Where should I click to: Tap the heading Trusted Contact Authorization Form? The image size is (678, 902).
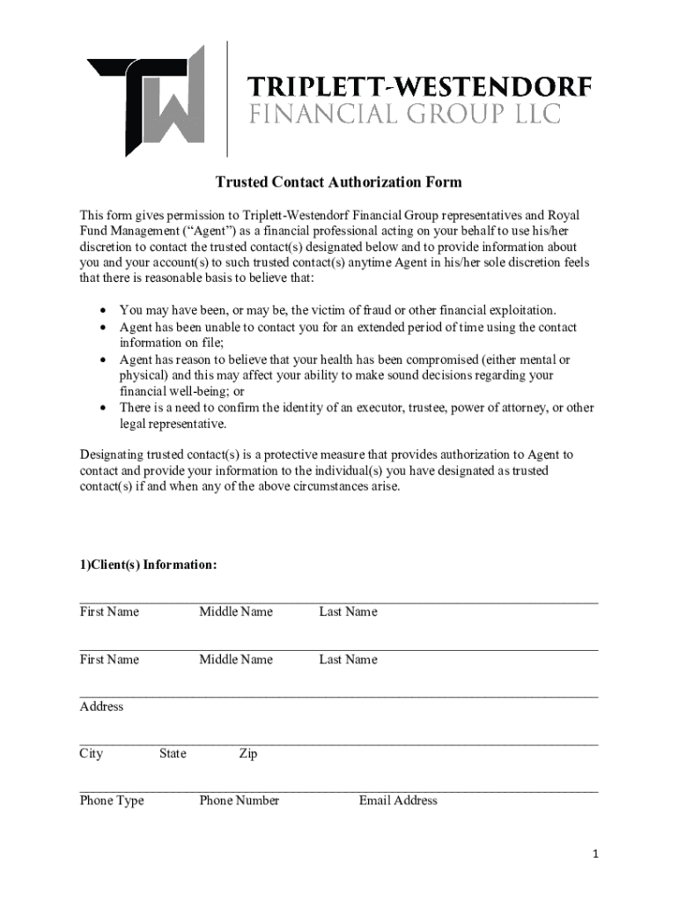click(339, 182)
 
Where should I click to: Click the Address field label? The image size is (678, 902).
click(101, 706)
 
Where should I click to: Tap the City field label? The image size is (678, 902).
click(91, 753)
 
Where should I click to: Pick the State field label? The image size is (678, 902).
click(173, 753)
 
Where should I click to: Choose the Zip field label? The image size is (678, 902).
click(247, 753)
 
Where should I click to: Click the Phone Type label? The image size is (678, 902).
click(112, 801)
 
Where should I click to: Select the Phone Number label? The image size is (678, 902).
click(239, 801)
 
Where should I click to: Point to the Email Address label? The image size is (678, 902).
click(398, 801)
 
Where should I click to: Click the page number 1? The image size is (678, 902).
click(596, 854)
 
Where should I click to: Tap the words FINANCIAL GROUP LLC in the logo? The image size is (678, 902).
click(404, 115)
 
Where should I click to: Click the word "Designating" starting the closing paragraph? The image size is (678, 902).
click(113, 455)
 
